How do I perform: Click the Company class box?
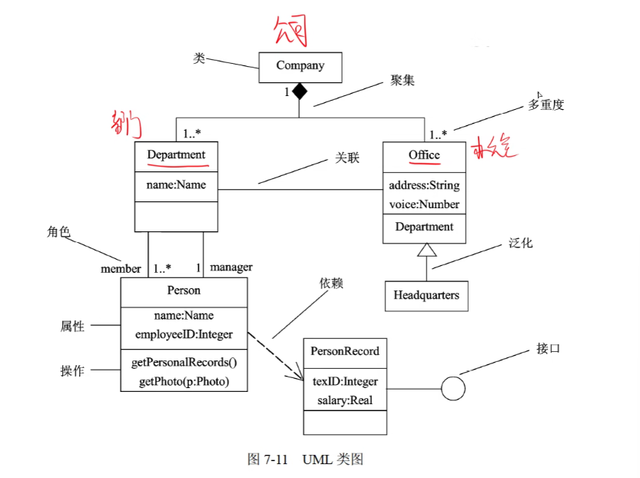(x=300, y=66)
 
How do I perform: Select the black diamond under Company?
(x=299, y=92)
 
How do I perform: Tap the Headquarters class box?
(x=426, y=295)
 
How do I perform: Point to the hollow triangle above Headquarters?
(x=426, y=249)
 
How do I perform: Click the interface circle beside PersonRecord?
(x=453, y=388)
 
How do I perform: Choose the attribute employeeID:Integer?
(x=184, y=334)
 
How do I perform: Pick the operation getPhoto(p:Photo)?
(x=184, y=381)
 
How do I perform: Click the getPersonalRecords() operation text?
(x=184, y=363)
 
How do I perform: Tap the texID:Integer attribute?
(x=345, y=381)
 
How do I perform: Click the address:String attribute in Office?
(x=424, y=185)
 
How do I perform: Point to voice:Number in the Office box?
(x=424, y=204)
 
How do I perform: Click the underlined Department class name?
(x=176, y=155)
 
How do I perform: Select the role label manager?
(x=230, y=267)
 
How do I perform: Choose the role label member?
(x=121, y=268)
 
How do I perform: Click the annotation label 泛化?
(x=520, y=244)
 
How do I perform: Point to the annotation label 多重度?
(x=545, y=105)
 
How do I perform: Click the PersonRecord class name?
(x=345, y=351)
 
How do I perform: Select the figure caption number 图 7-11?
(x=267, y=460)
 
